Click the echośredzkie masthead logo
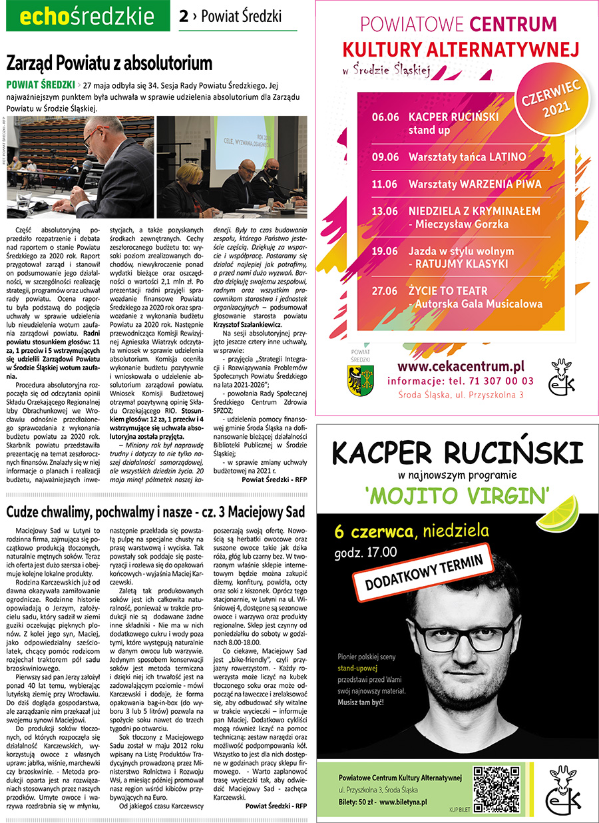87,16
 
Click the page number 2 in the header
184,16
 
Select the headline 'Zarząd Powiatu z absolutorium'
109,64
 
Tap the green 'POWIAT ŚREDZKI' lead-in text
40,85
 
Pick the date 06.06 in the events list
385,117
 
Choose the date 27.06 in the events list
385,291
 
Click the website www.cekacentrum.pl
461,366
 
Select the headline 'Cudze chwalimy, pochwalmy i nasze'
154,512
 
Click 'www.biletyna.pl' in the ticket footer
403,802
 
